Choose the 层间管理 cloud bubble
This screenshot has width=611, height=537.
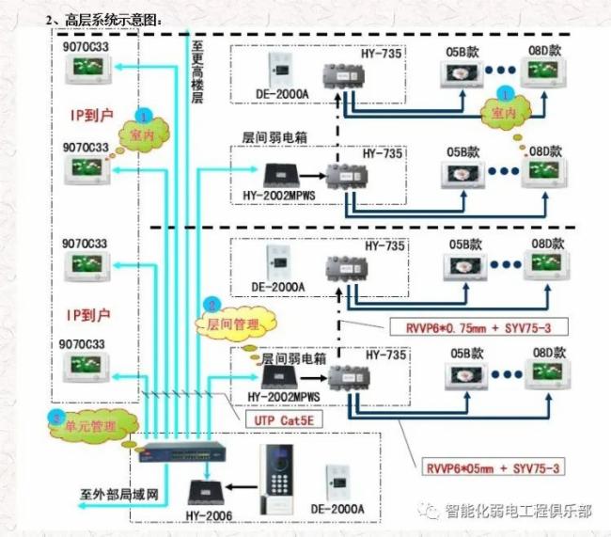(228, 324)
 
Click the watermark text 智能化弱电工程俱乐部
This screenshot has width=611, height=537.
(519, 513)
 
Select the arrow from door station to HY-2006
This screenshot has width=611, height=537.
(241, 489)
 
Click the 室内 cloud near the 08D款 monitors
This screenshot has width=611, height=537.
(505, 113)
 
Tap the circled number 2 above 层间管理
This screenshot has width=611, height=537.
(212, 305)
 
